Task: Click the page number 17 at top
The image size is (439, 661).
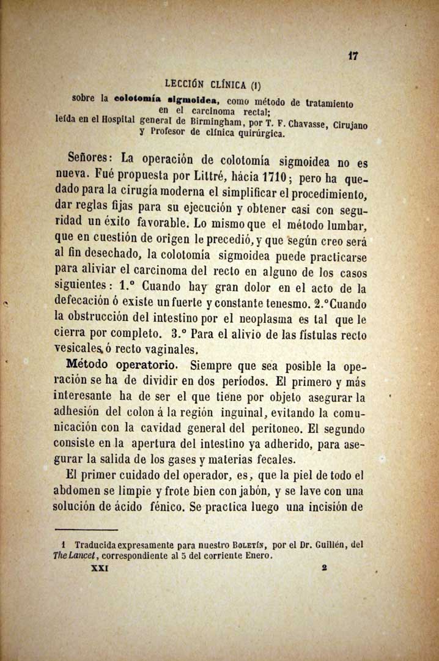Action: point(352,55)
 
